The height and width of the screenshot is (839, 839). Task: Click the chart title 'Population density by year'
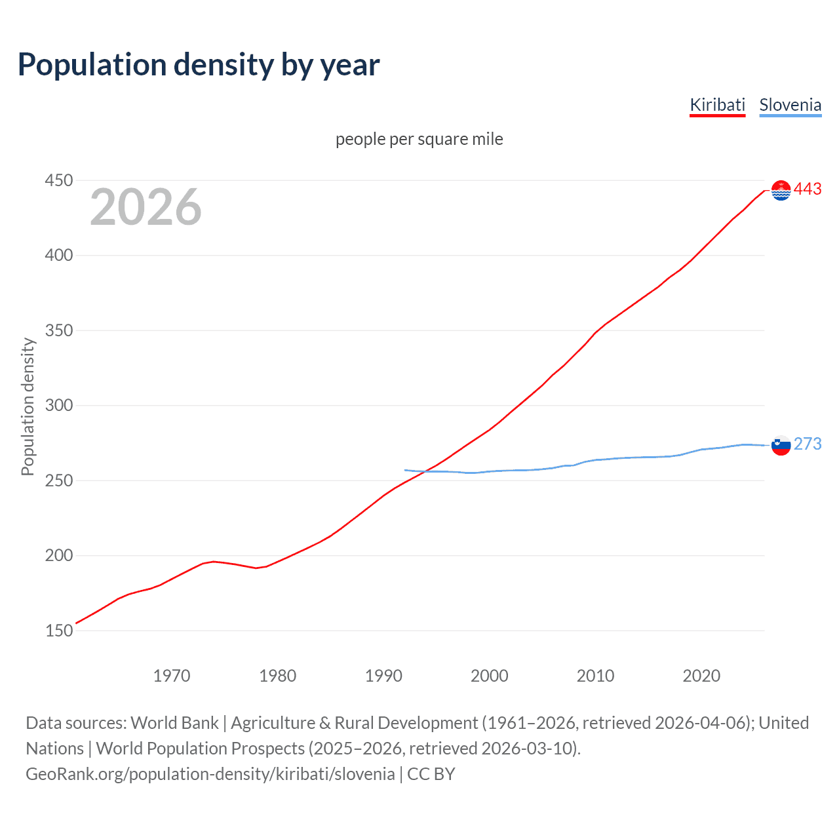199,65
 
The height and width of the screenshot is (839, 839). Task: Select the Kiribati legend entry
717,105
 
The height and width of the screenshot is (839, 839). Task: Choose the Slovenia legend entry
790,105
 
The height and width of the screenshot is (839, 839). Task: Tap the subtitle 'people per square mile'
419,139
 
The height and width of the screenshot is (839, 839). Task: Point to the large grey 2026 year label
146,207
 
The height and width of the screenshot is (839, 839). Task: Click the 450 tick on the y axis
58,180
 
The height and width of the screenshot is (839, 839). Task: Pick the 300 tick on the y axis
58,405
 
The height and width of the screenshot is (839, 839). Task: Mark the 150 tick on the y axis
58,631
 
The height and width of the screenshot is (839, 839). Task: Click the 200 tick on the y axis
58,555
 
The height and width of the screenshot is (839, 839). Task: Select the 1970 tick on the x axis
172,676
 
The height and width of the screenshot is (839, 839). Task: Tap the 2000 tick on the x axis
489,676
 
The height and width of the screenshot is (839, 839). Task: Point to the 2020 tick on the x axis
701,676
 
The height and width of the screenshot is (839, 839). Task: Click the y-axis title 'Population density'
28,406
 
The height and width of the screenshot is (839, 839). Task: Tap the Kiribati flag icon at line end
781,190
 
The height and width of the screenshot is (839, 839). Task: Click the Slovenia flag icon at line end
781,445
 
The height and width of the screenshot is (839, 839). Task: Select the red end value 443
808,189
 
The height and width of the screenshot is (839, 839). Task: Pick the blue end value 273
808,444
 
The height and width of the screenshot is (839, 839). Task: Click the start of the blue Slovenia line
405,470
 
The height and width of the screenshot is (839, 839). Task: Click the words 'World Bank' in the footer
174,723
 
